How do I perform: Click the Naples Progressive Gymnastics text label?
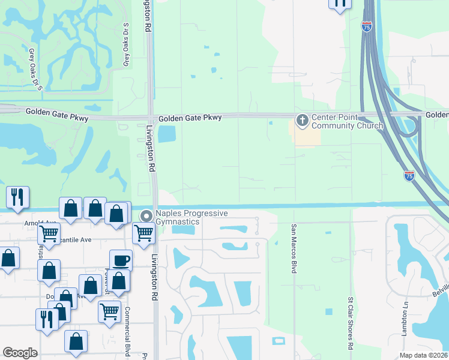click(191, 218)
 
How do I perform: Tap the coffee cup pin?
click(121, 260)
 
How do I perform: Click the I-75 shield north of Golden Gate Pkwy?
click(367, 26)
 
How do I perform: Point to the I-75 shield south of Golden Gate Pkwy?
click(409, 176)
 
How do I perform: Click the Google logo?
click(20, 353)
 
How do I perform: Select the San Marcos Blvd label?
click(294, 249)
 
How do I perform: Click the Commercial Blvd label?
click(127, 332)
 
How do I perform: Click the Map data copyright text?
click(423, 355)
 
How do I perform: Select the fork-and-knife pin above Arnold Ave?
click(18, 197)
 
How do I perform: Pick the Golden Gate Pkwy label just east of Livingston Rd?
click(190, 118)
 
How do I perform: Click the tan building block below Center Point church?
click(306, 137)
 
